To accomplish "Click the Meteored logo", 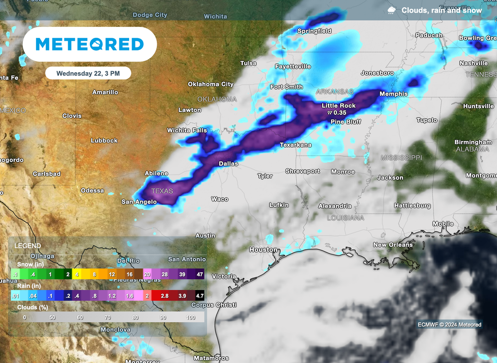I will coord(90,44).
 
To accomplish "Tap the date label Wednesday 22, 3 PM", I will coord(88,73).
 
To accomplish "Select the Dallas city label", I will coord(228,164).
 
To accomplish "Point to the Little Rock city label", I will coord(339,106).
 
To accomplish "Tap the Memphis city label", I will coord(393,94).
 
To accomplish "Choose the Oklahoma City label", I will coord(211,84).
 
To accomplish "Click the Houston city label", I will coord(263,250).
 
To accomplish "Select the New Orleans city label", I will coord(393,245).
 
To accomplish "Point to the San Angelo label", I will coord(139,202).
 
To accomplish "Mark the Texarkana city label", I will coord(296,145).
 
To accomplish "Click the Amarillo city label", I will coord(105,92).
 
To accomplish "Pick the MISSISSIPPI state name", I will coord(401,158).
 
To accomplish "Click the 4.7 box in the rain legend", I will coord(199,295).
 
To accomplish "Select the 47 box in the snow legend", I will coord(199,274).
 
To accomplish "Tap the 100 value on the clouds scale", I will coord(190,318).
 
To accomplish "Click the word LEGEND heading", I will coord(28,246).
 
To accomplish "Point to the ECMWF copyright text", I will coord(449,325).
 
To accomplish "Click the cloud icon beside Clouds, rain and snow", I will coord(391,10).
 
